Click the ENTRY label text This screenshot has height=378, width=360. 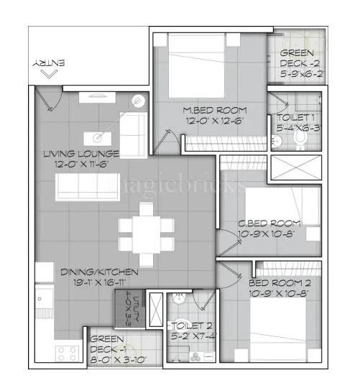[49, 63]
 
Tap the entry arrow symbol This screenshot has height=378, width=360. [49, 73]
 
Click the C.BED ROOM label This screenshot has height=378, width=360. [270, 227]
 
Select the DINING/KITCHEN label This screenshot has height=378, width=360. [89, 276]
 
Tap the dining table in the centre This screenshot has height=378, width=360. [146, 231]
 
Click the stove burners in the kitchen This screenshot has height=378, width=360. [68, 354]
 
